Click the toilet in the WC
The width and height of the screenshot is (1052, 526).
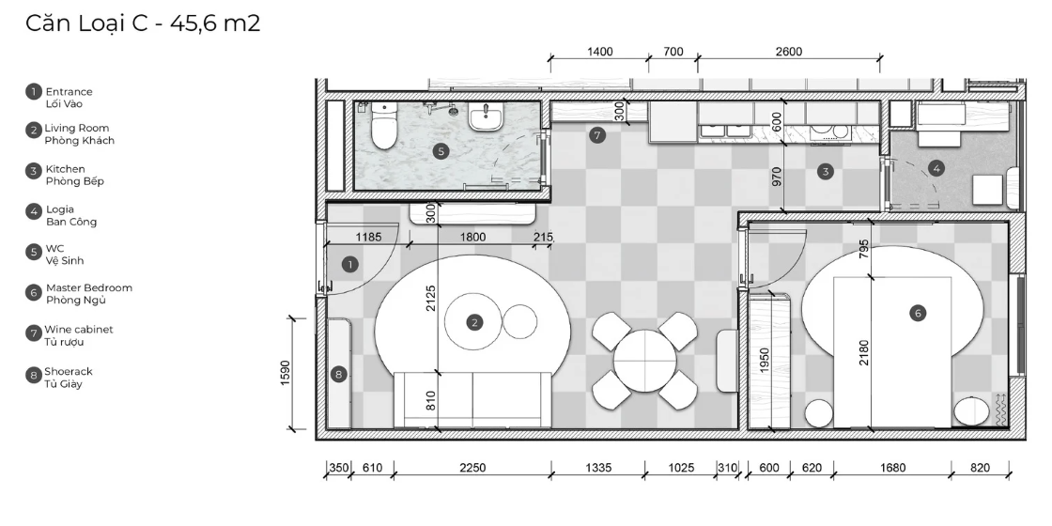384,126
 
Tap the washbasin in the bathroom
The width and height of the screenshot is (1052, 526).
485,118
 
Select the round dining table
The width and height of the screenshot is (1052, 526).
644,361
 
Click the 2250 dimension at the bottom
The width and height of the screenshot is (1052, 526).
472,469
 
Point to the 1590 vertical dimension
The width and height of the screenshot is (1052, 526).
286,373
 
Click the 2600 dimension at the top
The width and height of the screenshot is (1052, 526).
788,52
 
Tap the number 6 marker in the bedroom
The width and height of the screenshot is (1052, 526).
917,313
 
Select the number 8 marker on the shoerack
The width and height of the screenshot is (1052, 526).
339,375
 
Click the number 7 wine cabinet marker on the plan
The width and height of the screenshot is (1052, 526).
597,135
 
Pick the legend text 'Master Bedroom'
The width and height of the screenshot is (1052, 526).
89,287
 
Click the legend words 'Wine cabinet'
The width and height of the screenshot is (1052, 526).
79,330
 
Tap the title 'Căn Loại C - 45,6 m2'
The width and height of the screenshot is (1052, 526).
143,23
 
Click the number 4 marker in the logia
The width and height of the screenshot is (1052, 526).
936,168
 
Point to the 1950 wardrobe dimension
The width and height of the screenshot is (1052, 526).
765,361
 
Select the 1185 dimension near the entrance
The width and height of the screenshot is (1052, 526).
368,237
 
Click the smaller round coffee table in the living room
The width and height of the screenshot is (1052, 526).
520,321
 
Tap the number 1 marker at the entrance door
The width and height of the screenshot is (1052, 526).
349,264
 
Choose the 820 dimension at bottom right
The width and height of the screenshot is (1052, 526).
981,469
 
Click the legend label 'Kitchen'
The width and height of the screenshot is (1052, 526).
65,169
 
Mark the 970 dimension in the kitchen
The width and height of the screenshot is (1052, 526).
777,177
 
